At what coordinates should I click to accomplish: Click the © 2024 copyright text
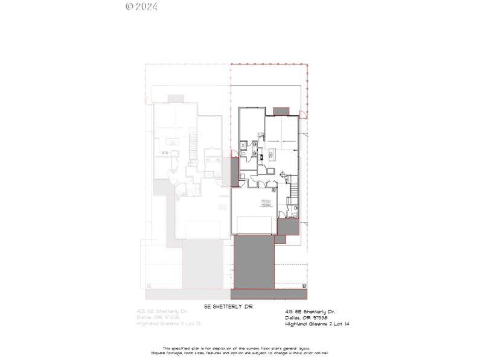coord(142,7)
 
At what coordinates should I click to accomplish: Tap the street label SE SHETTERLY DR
coord(228,307)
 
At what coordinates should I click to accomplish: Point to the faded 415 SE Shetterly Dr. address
coord(162,312)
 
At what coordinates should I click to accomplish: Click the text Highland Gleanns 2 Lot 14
coord(317,324)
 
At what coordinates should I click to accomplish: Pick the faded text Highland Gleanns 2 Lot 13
coord(170,324)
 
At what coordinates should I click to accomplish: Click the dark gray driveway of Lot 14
coord(254,262)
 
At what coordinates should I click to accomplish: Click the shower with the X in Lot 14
coord(244,145)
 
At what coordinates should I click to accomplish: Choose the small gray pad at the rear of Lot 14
coord(281,112)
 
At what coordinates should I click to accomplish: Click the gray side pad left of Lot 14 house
coord(235,171)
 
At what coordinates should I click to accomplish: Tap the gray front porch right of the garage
coord(287,227)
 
